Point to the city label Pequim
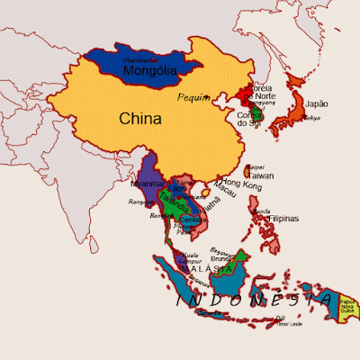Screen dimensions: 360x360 pos(195,96)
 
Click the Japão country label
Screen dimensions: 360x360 pos(318,103)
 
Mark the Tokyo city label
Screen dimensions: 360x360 pos(311,118)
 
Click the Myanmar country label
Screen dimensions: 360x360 pos(148,184)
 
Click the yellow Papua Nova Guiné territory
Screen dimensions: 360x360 pos(351,308)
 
